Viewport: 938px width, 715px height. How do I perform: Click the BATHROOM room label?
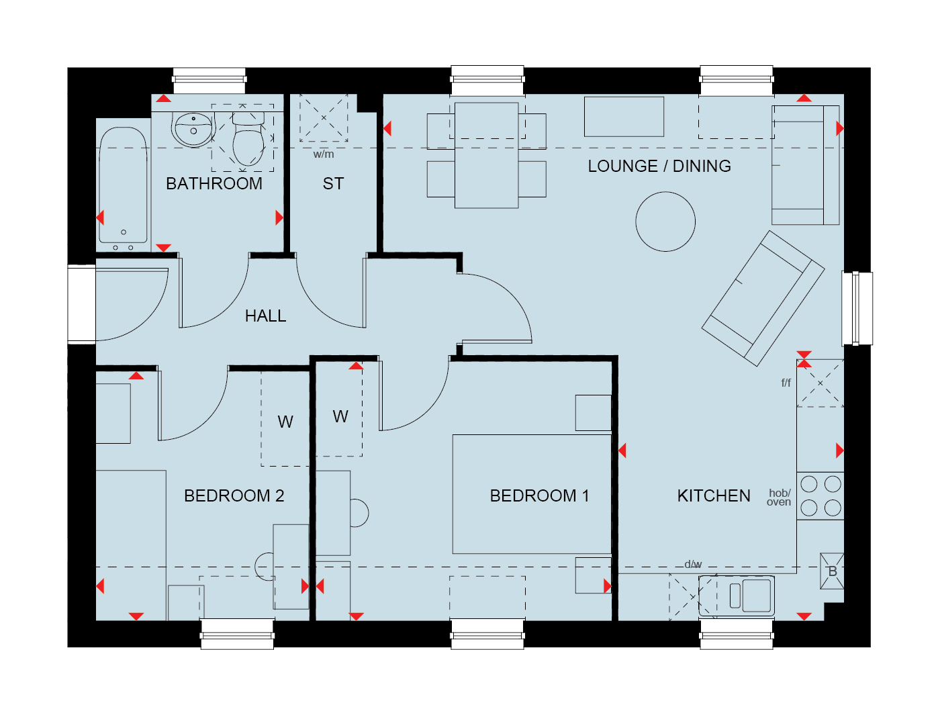click(x=214, y=183)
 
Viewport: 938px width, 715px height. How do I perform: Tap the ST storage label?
click(x=333, y=183)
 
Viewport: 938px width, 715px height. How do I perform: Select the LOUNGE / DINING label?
click(x=659, y=166)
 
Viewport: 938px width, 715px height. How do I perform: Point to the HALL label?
click(x=265, y=316)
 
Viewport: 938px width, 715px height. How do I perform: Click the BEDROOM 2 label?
click(x=234, y=495)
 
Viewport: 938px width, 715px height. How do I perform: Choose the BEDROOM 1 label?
click(x=539, y=495)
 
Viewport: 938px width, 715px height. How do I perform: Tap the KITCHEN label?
click(x=714, y=495)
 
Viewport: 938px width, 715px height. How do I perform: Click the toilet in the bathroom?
click(x=248, y=139)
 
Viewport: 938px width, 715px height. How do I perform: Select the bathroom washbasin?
click(x=193, y=130)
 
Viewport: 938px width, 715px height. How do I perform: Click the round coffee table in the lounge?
click(x=665, y=222)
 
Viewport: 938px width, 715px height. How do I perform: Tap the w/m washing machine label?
click(x=324, y=154)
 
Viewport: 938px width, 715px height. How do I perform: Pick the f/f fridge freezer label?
click(x=786, y=382)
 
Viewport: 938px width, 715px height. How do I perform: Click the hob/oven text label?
click(x=779, y=497)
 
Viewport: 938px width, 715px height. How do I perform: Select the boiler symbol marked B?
click(x=832, y=571)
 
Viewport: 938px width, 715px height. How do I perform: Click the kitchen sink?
click(x=737, y=596)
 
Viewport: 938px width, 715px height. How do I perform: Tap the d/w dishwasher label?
click(x=693, y=564)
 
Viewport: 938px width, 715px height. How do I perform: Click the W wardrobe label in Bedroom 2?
click(x=285, y=422)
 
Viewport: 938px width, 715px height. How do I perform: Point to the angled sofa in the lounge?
click(x=763, y=298)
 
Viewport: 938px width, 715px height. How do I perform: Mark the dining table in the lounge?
click(x=486, y=155)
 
